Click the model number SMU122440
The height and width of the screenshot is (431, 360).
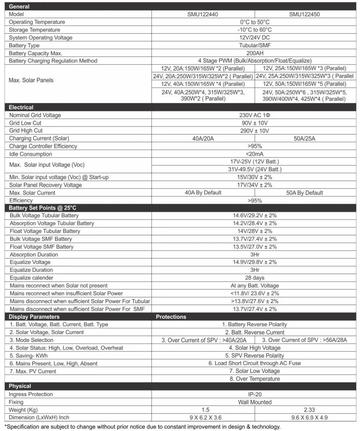tap(203, 14)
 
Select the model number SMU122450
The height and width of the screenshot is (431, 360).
tap(305, 14)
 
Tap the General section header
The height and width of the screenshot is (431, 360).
tap(19, 7)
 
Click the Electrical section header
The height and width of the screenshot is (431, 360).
tap(21, 108)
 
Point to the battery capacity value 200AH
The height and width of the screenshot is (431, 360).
tap(254, 53)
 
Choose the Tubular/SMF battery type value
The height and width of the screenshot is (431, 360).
tap(254, 45)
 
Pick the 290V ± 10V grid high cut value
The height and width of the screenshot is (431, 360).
tap(254, 130)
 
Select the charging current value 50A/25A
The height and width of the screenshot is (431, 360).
tap(305, 138)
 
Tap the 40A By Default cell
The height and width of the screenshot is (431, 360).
tap(203, 193)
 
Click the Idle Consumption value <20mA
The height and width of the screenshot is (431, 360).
tap(254, 154)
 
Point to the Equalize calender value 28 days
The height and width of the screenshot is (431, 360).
tap(254, 278)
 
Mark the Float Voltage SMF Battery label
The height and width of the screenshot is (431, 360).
tap(41, 247)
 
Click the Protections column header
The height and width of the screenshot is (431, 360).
tap(171, 317)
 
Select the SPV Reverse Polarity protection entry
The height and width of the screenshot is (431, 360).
tap(254, 355)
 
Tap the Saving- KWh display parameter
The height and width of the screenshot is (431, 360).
tap(27, 355)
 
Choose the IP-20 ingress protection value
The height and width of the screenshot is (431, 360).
tap(254, 394)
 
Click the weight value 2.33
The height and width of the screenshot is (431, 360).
tap(305, 409)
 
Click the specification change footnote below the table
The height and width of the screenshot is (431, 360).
tap(143, 427)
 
